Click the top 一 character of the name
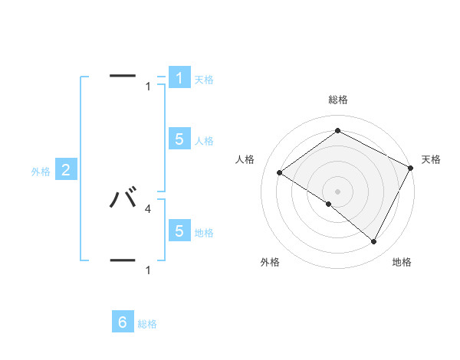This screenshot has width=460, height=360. (123, 76)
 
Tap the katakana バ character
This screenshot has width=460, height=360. (123, 198)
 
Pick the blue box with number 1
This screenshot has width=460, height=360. (179, 77)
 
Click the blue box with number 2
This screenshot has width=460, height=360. (66, 170)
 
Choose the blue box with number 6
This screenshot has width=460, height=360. (123, 322)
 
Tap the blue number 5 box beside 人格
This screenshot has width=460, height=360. (179, 139)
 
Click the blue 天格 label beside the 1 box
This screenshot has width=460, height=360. (204, 79)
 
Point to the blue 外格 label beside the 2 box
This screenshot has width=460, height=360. (41, 172)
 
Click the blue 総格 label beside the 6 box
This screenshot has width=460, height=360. (147, 324)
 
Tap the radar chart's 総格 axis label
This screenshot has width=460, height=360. (337, 100)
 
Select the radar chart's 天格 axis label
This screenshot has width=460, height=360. (431, 159)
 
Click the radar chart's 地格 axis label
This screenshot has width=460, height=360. (402, 262)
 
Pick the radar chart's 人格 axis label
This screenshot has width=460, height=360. (245, 159)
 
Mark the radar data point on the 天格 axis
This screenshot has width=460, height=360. (411, 168)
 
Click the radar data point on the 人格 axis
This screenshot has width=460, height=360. (279, 172)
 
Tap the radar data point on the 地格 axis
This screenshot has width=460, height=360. (374, 241)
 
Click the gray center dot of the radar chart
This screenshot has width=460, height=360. (337, 191)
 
